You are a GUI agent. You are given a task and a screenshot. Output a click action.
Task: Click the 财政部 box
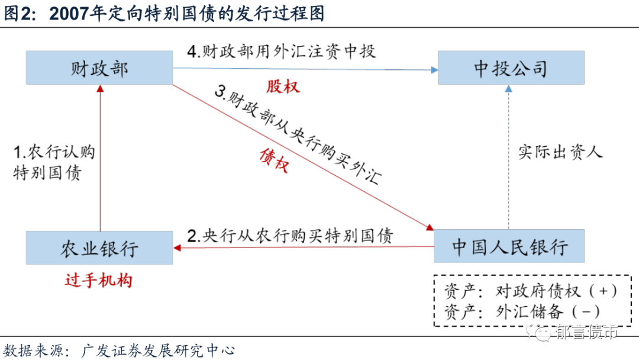(99, 67)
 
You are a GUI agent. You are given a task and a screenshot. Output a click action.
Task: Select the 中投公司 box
(511, 67)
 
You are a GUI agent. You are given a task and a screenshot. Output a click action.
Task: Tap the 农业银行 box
(99, 247)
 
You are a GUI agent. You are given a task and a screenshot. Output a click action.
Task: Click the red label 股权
(283, 86)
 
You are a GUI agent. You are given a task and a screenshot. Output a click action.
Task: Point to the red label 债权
(274, 160)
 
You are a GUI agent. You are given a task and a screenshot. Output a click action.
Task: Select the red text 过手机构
(98, 279)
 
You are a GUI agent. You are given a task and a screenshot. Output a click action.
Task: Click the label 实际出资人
(560, 152)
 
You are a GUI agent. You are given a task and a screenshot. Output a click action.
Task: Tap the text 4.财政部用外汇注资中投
(281, 52)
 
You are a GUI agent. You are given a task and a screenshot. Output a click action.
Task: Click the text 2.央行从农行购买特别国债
(290, 234)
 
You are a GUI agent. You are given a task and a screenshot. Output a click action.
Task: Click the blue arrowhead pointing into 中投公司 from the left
(434, 70)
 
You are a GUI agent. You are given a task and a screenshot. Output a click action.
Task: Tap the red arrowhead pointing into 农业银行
(176, 247)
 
